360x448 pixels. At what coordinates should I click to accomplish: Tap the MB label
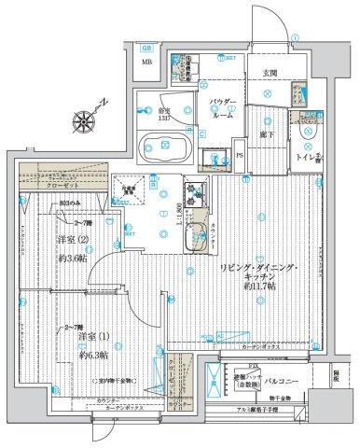pyautogui.click(x=146, y=63)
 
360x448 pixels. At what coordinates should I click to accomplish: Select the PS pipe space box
pyautogui.click(x=240, y=156)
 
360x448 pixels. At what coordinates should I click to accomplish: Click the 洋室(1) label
pyautogui.click(x=91, y=334)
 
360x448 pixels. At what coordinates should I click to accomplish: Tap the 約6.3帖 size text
pyautogui.click(x=93, y=355)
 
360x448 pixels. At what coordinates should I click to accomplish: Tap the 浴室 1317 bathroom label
pyautogui.click(x=163, y=109)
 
